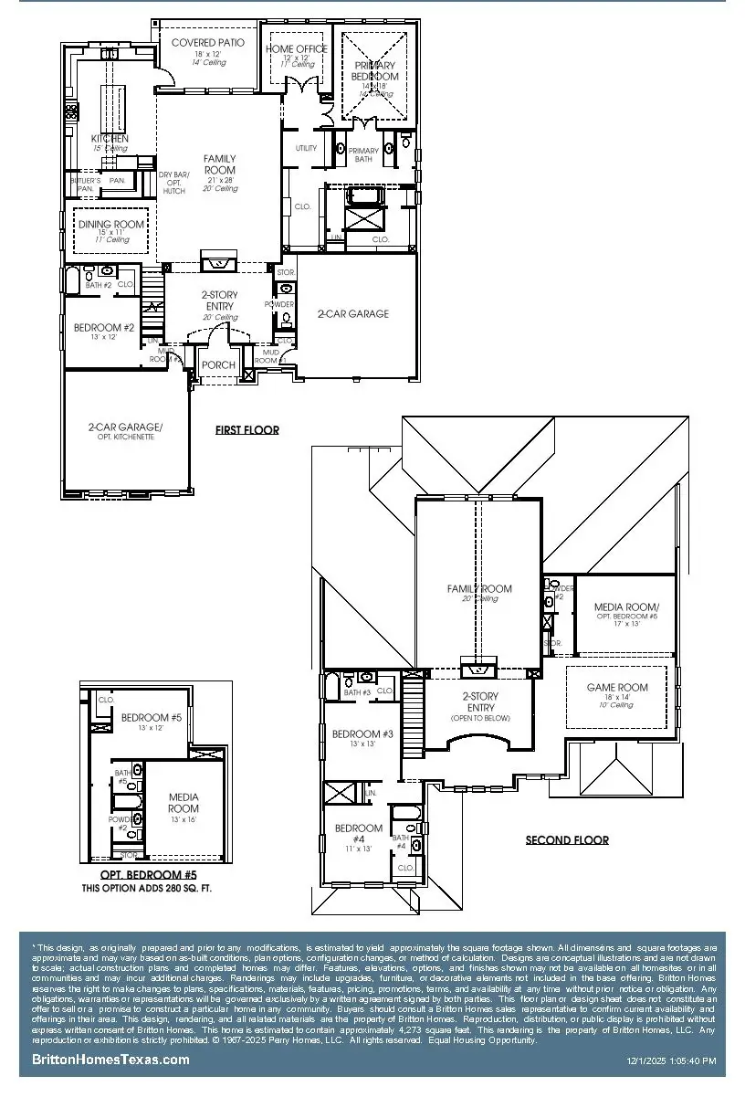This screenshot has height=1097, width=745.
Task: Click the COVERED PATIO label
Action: pos(207,43)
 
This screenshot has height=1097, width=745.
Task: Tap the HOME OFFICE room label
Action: pos(297,49)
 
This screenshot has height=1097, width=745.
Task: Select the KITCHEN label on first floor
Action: pos(110,139)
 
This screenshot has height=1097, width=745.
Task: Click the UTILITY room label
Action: pos(306,148)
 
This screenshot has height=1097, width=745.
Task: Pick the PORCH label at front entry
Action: pos(218,365)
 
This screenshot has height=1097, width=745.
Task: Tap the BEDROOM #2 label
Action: pos(104,328)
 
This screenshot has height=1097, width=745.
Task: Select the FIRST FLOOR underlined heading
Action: pos(247,429)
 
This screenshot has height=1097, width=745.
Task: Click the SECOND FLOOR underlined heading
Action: pos(566,840)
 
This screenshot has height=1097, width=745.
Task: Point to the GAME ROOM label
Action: pos(617,688)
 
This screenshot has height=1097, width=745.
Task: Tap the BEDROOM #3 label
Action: pos(362,734)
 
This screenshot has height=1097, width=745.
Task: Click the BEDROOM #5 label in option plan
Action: pos(152,718)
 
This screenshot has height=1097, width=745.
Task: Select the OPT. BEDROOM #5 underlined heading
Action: pos(148,875)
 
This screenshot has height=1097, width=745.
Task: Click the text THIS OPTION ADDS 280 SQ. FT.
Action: pos(147,887)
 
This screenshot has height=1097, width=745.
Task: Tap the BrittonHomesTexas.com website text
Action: pos(110,1060)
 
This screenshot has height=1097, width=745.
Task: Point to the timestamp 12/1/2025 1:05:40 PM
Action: pos(671,1061)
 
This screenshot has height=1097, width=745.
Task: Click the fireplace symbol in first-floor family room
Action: pos(217,264)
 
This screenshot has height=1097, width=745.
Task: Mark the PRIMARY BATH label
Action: pos(363,154)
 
